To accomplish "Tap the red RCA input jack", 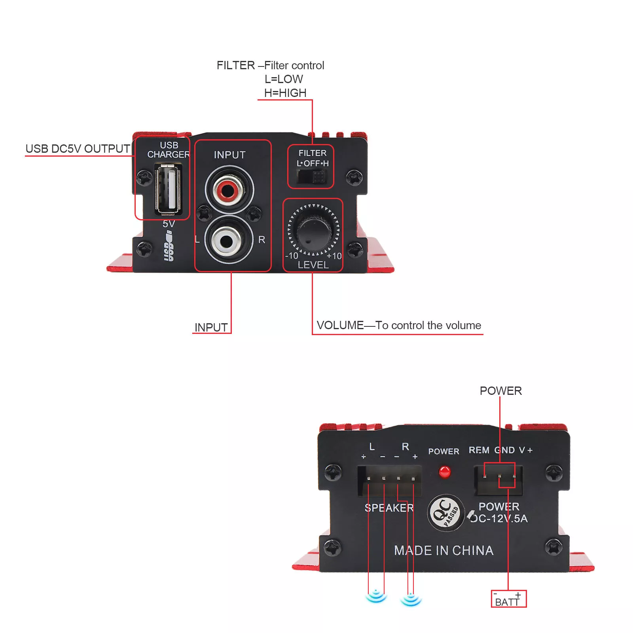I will coord(228,190).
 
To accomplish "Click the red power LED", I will coord(444,472).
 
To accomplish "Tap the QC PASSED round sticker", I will coord(446,513).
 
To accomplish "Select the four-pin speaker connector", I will coord(389,480).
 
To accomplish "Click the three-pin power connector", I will coord(498,479).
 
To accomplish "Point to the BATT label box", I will coord(508,599).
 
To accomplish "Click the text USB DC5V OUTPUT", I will coord(78,149).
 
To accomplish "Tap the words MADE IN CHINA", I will coord(443,550).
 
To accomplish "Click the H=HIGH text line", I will coord(285,93).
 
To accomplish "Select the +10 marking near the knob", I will coord(334,256).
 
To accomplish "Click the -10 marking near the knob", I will coord(292,256).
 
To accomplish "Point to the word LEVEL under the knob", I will coord(313,265).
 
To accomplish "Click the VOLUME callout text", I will coord(399,325).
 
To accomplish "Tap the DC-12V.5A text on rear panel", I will coord(499,518).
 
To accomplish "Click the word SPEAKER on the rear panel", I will coord(389,508).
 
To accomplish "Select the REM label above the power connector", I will coord(479,450).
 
